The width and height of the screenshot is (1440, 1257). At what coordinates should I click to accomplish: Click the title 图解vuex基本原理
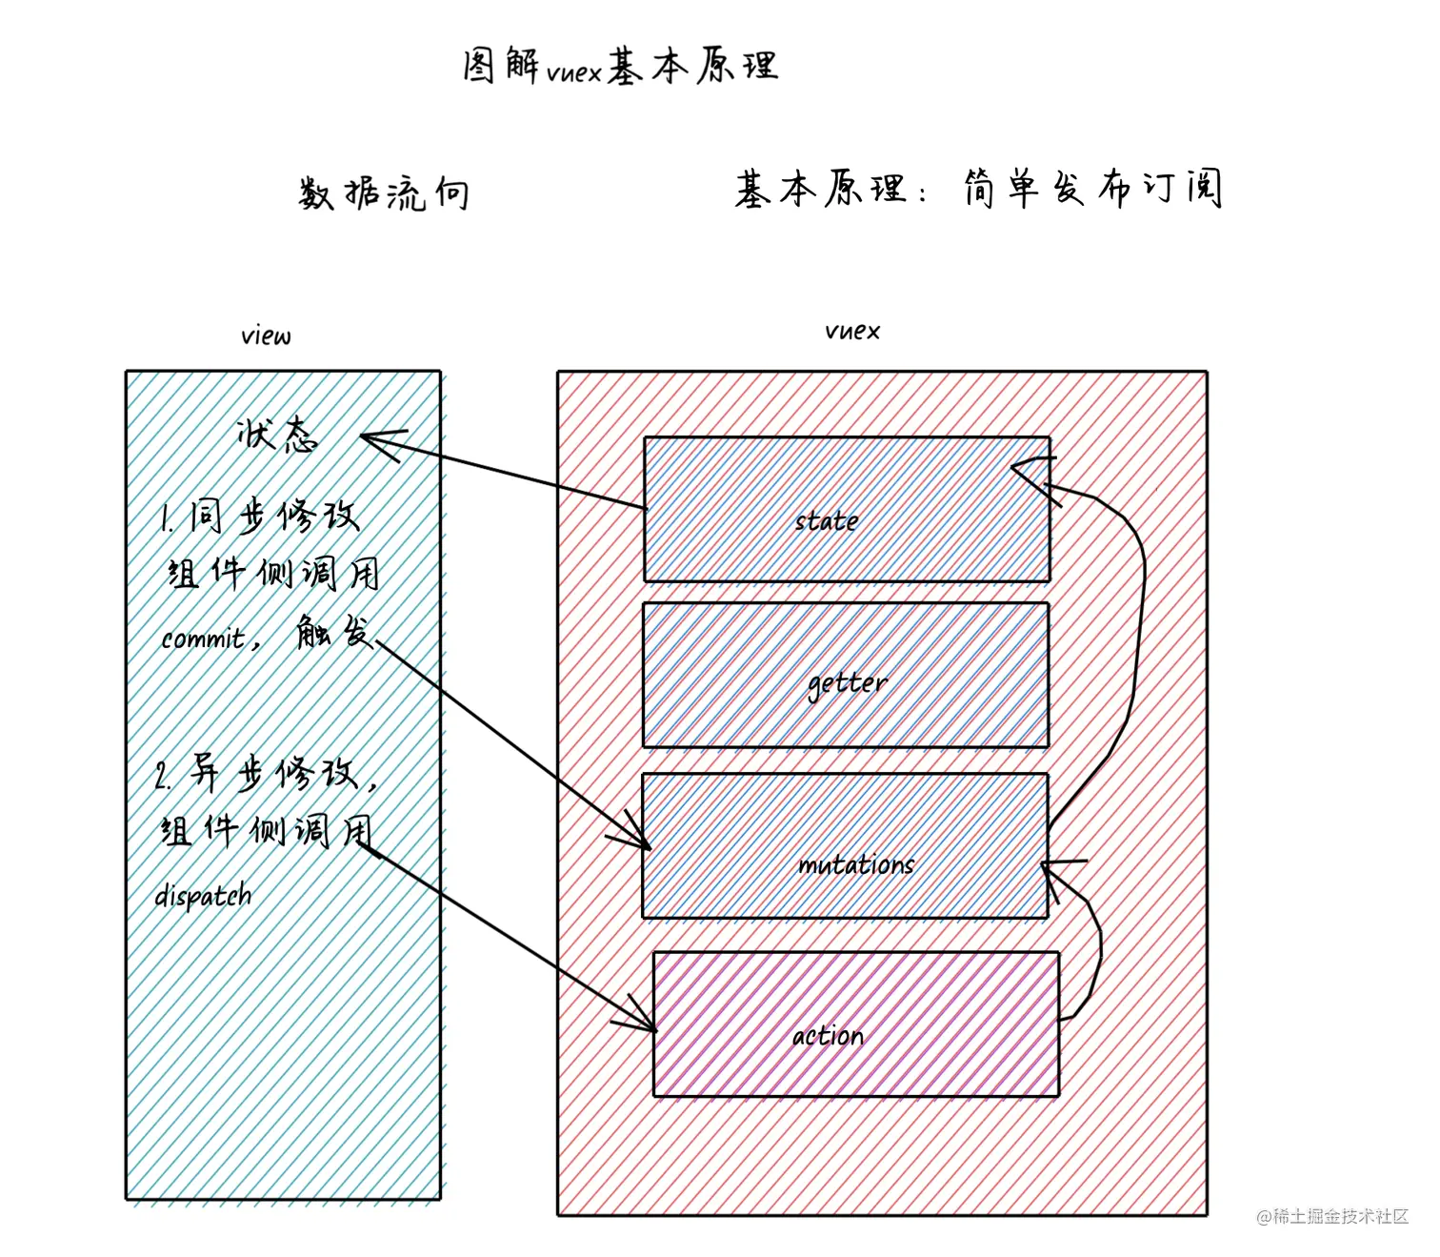tap(620, 67)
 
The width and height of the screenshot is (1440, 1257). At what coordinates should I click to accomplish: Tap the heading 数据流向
tap(383, 193)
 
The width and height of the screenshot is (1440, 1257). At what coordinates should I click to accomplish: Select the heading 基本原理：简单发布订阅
tap(977, 189)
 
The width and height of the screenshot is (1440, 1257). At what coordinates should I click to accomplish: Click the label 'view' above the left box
tap(266, 335)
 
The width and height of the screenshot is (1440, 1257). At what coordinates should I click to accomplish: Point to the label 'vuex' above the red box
tap(852, 331)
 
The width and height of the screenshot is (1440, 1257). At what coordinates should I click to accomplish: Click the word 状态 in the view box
tap(277, 436)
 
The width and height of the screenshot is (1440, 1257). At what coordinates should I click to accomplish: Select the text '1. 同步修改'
tap(259, 517)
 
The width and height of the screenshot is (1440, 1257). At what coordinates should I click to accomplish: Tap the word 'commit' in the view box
tap(204, 638)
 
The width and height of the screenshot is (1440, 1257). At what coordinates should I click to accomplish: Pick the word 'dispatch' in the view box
tap(204, 896)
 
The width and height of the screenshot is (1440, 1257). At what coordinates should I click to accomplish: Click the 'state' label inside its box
tap(827, 521)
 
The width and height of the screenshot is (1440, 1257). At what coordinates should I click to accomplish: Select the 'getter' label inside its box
tap(847, 683)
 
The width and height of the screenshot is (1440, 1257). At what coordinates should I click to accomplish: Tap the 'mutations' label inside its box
tap(855, 864)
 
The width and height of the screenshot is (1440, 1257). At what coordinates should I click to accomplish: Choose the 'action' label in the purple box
tap(828, 1036)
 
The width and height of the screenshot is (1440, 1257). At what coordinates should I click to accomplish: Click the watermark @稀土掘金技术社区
tap(1331, 1216)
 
